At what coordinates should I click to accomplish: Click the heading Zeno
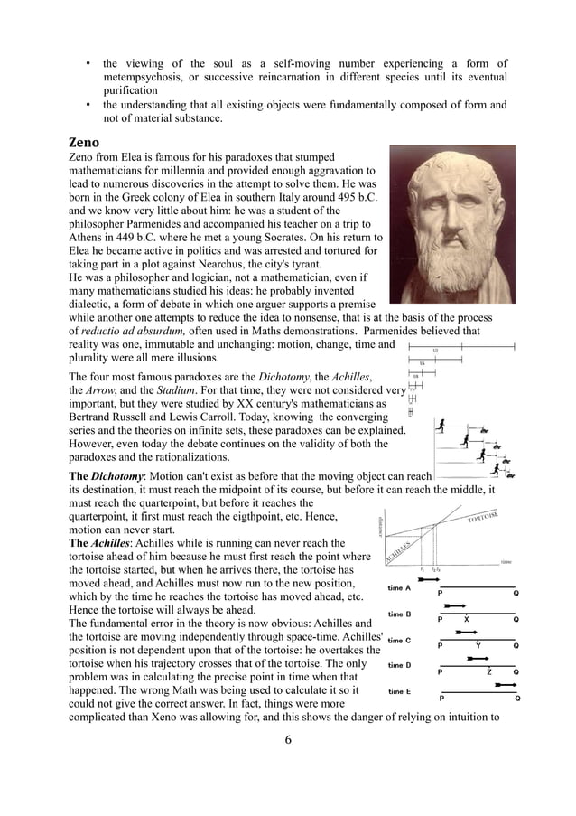pyautogui.click(x=87, y=142)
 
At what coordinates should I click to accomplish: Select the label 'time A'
pyautogui.click(x=400, y=588)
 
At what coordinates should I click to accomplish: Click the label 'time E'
pyautogui.click(x=400, y=691)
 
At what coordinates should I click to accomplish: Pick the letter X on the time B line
pyautogui.click(x=466, y=620)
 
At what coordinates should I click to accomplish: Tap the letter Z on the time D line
pyautogui.click(x=489, y=672)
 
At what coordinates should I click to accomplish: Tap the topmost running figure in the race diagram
pyautogui.click(x=440, y=425)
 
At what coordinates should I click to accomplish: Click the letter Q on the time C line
pyautogui.click(x=516, y=646)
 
